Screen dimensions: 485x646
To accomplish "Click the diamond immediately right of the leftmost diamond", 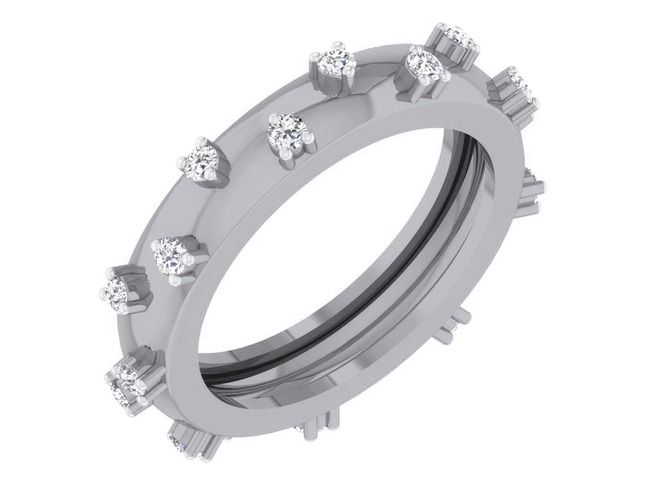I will pyautogui.click(x=171, y=259).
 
